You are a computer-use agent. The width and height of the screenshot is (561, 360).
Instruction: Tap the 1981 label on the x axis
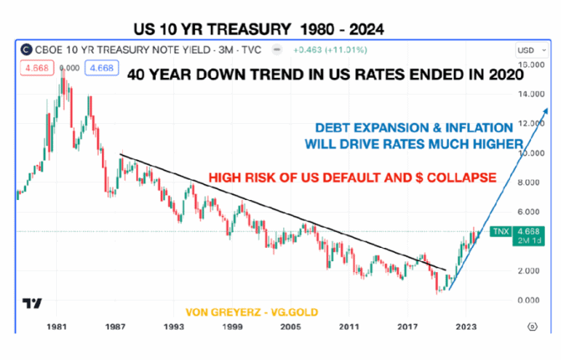[56, 326]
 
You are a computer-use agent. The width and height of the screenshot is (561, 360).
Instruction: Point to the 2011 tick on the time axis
[348, 326]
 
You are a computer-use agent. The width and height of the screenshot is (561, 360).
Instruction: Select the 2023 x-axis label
[466, 326]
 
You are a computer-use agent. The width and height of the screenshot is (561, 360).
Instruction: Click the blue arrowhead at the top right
[543, 112]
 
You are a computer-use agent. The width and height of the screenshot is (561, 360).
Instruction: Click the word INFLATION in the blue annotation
[473, 128]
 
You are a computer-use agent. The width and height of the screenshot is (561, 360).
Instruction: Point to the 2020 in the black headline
[505, 74]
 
